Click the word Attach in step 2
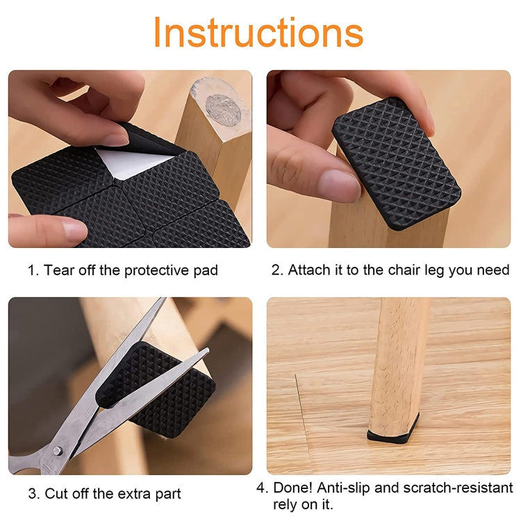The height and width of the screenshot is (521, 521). (x=308, y=270)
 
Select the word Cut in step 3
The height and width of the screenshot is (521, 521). (x=57, y=494)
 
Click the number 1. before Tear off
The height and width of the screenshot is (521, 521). (x=33, y=270)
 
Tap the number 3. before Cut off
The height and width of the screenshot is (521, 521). (x=33, y=494)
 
